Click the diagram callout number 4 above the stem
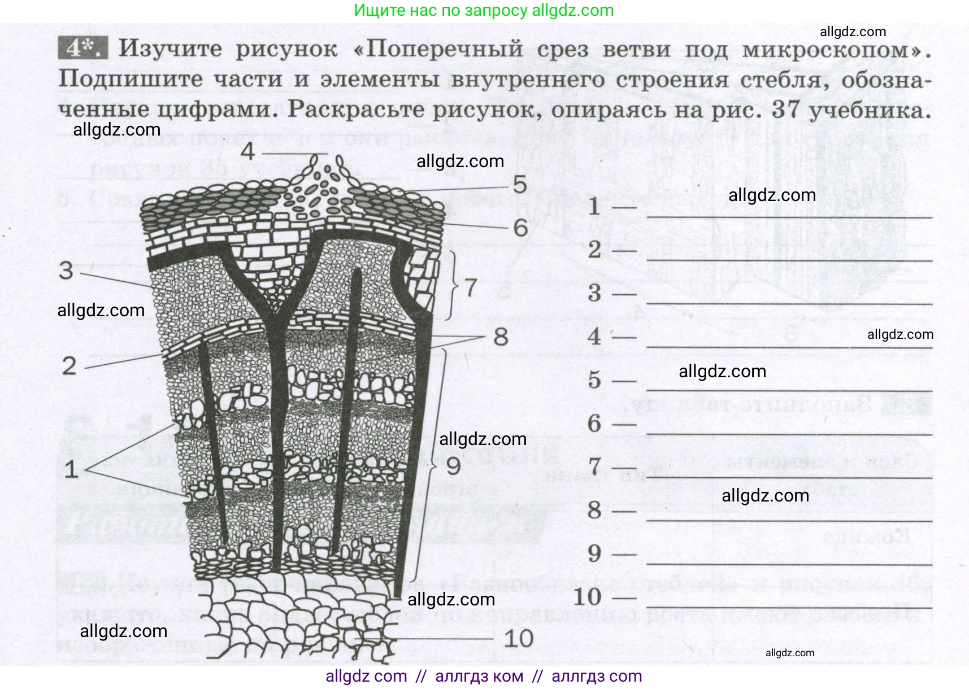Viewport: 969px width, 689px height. coord(248,151)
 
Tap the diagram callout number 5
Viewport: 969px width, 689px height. coord(520,185)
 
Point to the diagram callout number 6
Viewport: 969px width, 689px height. coord(520,228)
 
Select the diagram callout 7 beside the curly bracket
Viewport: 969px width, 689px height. coord(471,288)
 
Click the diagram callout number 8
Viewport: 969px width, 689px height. coord(501,337)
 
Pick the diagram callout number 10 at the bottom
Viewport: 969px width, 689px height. coord(519,639)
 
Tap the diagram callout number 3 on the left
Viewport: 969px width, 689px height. coord(66,271)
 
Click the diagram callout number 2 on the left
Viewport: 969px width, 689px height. coord(69,366)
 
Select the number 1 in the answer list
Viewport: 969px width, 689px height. coord(594,207)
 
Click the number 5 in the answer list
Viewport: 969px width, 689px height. coord(594,380)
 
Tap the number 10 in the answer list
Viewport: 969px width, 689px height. coord(588,597)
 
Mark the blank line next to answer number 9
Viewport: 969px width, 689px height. coord(789,563)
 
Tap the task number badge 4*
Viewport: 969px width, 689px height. coord(82,49)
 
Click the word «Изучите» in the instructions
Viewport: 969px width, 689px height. coord(170,49)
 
